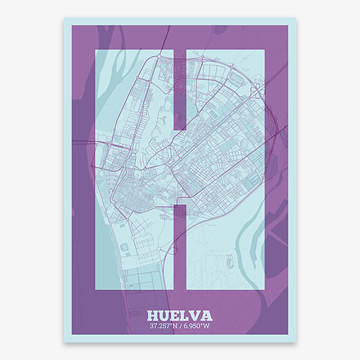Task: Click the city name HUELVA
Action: point(179,316)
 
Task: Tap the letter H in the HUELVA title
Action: point(154,316)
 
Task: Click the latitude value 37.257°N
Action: point(164,327)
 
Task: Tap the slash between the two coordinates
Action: point(180,327)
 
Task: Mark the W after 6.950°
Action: point(206,327)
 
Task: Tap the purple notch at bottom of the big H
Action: point(179,246)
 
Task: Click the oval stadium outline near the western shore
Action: point(125,247)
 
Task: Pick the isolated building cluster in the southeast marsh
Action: point(230,261)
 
